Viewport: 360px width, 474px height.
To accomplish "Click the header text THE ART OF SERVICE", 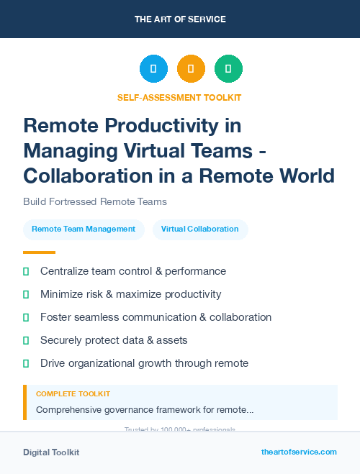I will tap(180, 19).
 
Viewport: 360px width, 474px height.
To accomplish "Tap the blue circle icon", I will tap(153, 69).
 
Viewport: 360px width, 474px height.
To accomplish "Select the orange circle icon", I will tap(191, 69).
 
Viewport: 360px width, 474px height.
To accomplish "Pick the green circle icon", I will tap(228, 69).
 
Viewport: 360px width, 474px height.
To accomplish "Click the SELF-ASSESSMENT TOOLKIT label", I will tap(179, 97).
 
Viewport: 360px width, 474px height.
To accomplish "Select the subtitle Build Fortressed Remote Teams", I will tap(95, 201).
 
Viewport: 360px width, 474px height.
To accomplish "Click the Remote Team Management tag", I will tap(84, 229).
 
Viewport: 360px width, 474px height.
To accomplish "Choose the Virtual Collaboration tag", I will tap(199, 229).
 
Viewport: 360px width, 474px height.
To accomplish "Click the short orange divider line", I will tap(39, 252).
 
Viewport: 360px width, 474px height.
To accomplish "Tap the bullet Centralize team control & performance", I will tap(133, 271).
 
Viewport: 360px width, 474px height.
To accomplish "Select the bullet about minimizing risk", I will tap(130, 294).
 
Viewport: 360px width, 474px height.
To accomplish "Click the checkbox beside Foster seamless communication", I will tap(26, 317).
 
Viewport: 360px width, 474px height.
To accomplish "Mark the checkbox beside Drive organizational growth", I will tap(26, 363).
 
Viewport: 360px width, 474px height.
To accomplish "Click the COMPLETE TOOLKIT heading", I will tap(73, 394).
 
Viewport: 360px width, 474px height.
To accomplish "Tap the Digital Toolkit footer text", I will tap(51, 452).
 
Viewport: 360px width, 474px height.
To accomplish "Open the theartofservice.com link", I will tap(299, 452).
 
